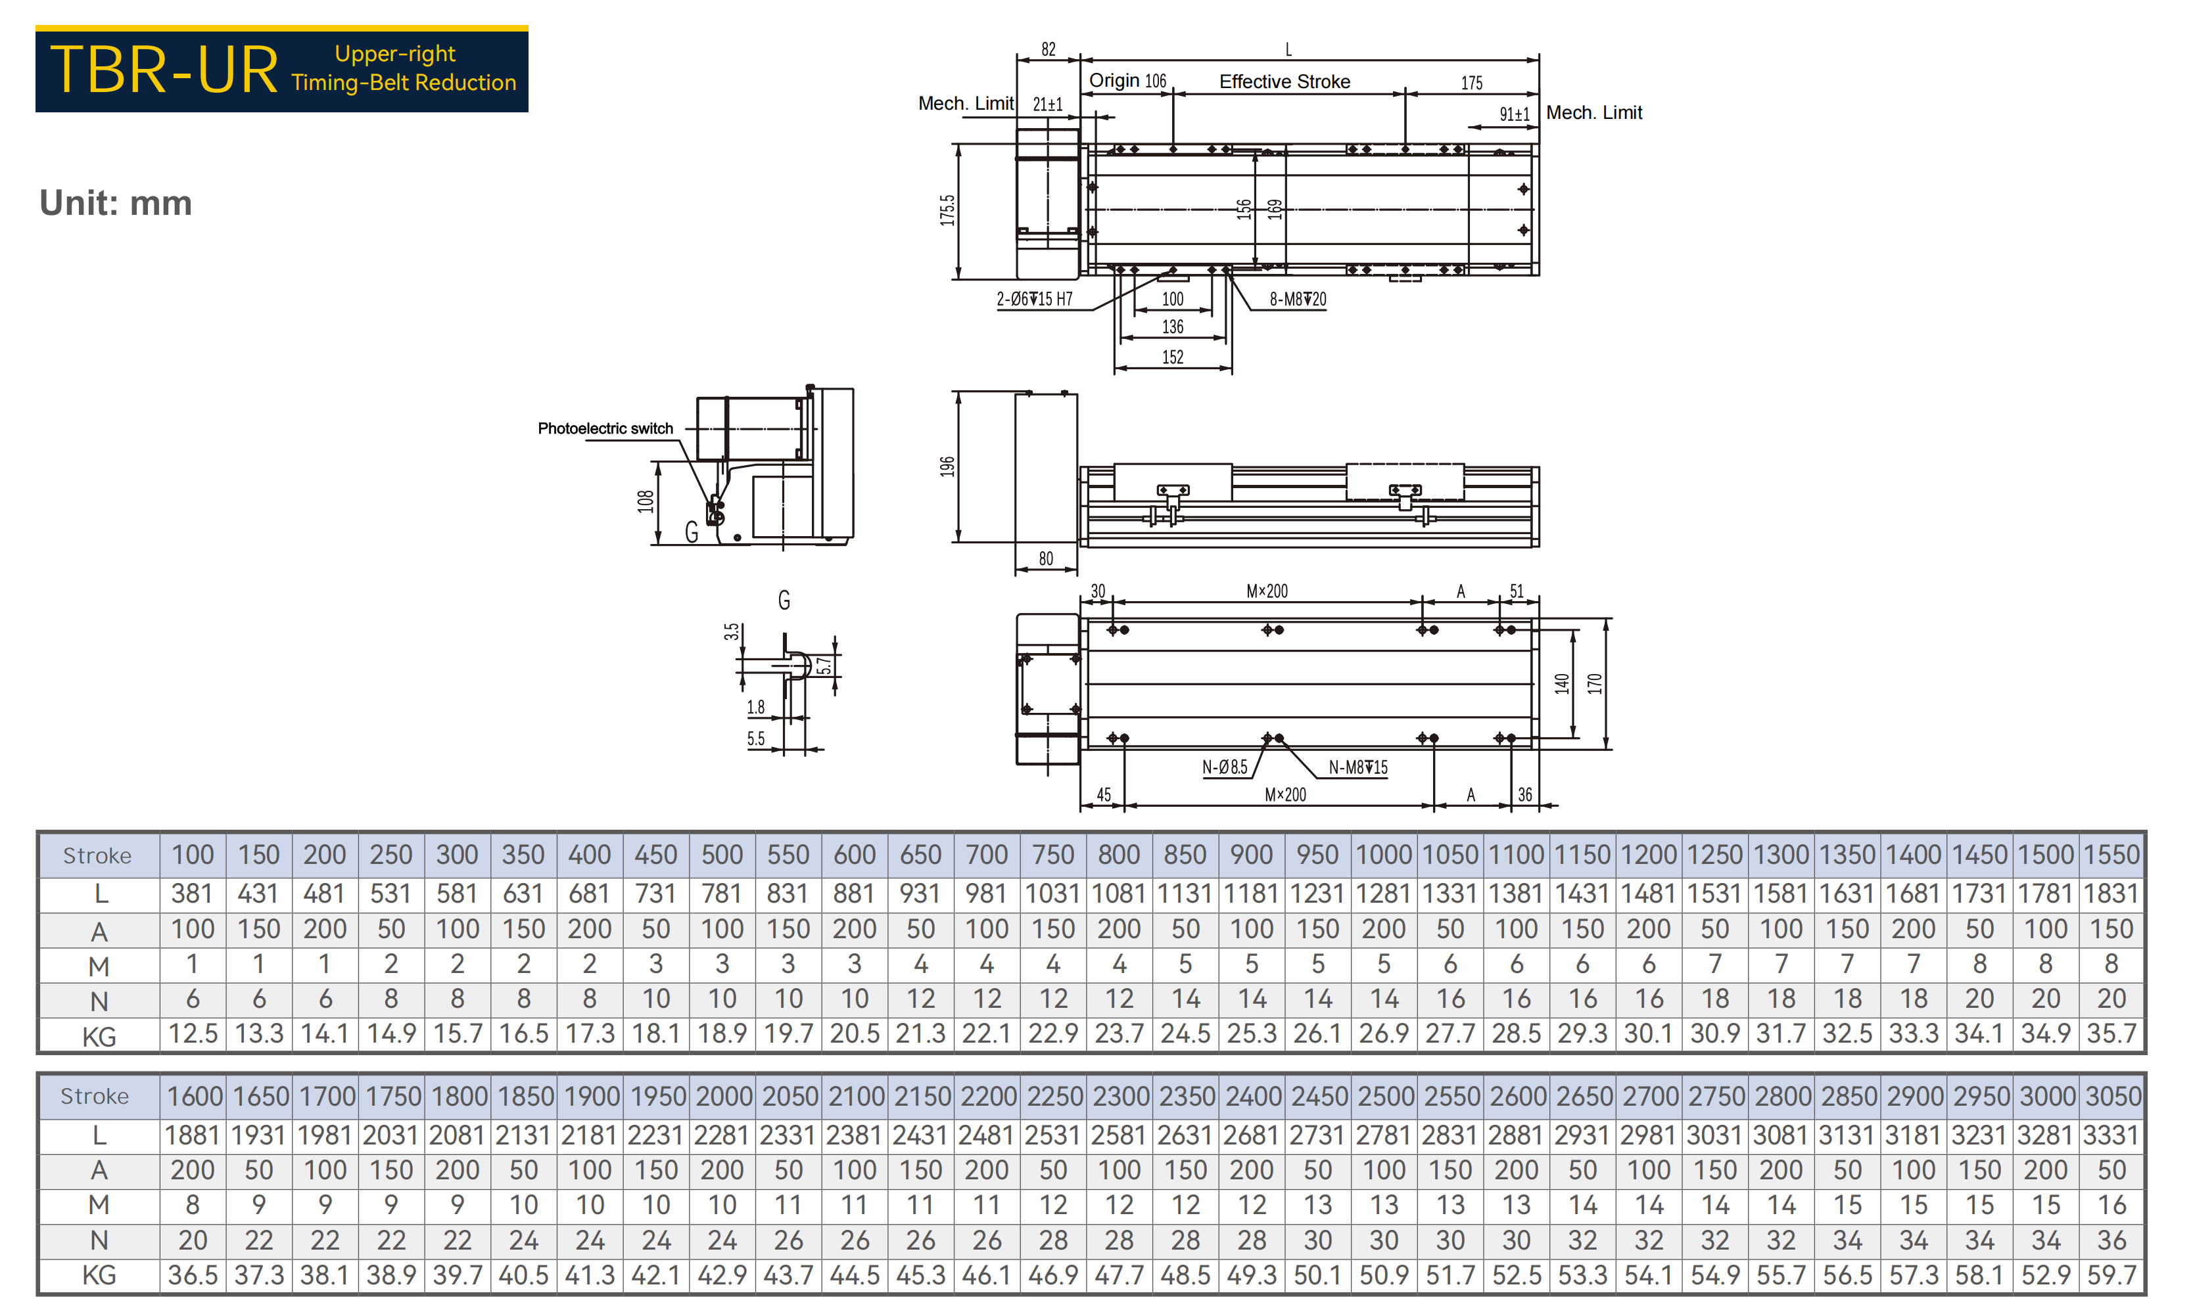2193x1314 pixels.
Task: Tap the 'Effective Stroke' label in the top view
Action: pyautogui.click(x=1285, y=81)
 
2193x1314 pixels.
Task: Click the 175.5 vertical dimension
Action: pyautogui.click(x=947, y=211)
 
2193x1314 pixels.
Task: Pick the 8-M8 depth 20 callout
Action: pyautogui.click(x=1298, y=300)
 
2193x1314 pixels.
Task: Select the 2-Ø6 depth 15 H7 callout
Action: pyautogui.click(x=1035, y=300)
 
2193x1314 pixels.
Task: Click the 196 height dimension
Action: pyautogui.click(x=947, y=466)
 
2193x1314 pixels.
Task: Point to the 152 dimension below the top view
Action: pyautogui.click(x=1173, y=357)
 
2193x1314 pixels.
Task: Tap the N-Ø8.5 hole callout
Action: pyautogui.click(x=1224, y=767)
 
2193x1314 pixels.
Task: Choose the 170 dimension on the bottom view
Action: pyautogui.click(x=1594, y=683)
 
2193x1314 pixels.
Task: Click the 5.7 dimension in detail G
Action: pyautogui.click(x=824, y=666)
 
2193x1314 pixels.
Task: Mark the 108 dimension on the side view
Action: pyautogui.click(x=645, y=502)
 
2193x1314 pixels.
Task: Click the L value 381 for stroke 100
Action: pyautogui.click(x=192, y=894)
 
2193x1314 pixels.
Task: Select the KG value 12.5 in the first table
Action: pyautogui.click(x=193, y=1033)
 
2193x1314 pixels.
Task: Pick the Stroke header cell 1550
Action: pyautogui.click(x=2111, y=855)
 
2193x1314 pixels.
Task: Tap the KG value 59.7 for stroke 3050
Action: pyautogui.click(x=2111, y=1275)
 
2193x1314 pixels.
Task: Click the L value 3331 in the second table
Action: pyautogui.click(x=2111, y=1135)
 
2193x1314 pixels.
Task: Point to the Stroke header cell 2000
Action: pyautogui.click(x=722, y=1096)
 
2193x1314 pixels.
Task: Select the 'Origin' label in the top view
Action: pyautogui.click(x=1114, y=81)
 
